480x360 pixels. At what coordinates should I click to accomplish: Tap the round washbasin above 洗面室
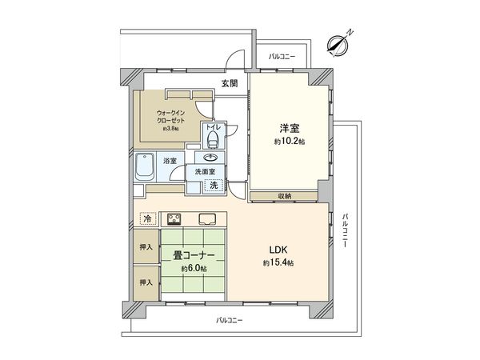tap(210, 158)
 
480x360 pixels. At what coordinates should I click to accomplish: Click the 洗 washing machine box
tap(213, 186)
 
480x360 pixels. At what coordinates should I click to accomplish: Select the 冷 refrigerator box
tap(147, 218)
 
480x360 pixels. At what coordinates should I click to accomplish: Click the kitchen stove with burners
tap(175, 218)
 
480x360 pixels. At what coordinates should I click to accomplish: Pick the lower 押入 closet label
tap(146, 282)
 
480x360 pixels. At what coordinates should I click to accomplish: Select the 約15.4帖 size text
tap(277, 263)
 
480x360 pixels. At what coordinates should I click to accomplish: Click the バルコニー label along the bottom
tap(229, 320)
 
